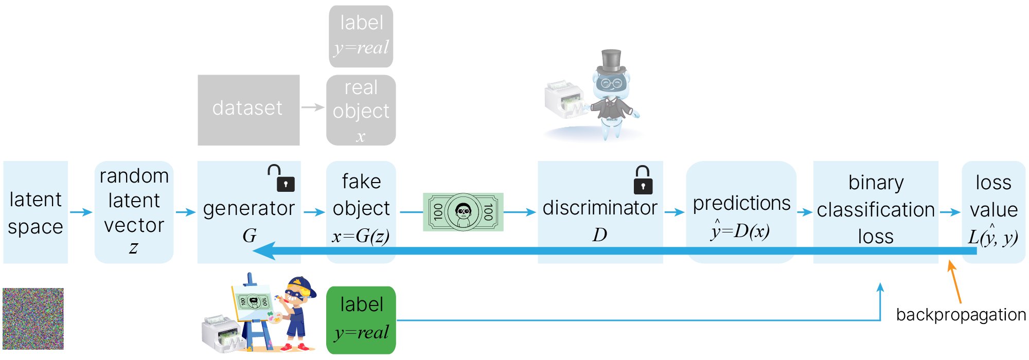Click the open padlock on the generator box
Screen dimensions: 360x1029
point(282,178)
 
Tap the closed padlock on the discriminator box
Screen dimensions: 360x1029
point(643,181)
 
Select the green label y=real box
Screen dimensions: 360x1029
point(361,320)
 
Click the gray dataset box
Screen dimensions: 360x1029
point(249,110)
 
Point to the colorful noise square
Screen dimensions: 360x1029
point(33,319)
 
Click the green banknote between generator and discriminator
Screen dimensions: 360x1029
point(463,212)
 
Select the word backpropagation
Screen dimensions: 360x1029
point(961,315)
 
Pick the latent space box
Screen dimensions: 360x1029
point(36,212)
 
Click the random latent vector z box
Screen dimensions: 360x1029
point(134,212)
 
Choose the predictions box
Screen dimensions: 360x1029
point(741,212)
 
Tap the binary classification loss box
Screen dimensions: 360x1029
point(876,212)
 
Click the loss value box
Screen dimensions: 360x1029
point(993,212)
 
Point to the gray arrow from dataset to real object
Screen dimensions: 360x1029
point(313,107)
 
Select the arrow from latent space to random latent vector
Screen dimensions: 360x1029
point(81,212)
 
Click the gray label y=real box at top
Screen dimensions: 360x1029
point(361,36)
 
